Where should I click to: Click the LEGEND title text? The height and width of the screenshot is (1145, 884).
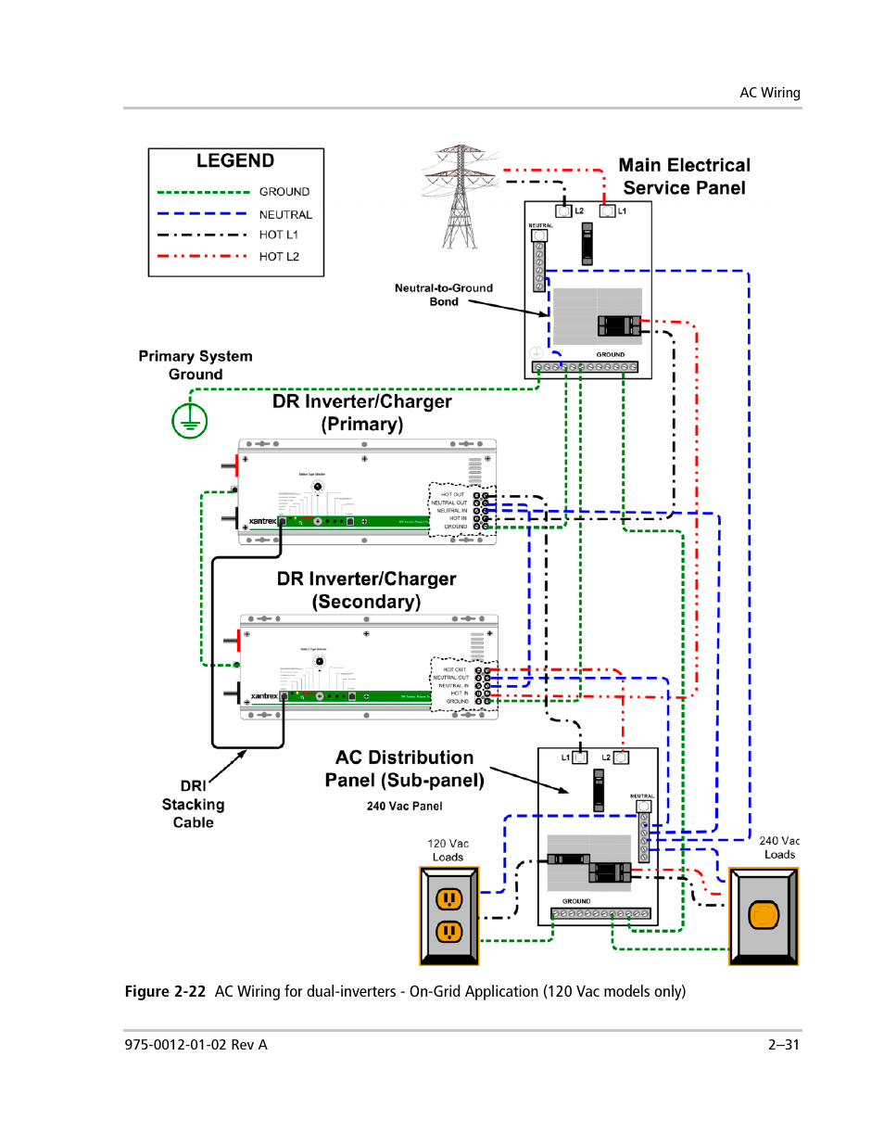(x=234, y=161)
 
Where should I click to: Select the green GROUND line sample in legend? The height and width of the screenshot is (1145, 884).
(x=203, y=192)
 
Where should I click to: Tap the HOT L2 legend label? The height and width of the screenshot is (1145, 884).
(x=279, y=257)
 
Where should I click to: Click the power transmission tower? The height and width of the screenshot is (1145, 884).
(x=460, y=197)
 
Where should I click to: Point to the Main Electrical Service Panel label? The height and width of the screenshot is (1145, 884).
(x=684, y=176)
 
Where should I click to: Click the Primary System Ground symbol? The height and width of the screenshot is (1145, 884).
(x=189, y=421)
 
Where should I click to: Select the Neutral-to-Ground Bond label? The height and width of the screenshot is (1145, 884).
(x=443, y=295)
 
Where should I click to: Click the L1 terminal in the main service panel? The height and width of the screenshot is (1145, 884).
(x=608, y=211)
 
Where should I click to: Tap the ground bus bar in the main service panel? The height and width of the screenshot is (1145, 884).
(x=585, y=367)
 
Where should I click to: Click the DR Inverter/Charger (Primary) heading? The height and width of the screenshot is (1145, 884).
(x=362, y=413)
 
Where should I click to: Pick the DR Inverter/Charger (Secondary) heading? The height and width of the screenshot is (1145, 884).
(x=366, y=590)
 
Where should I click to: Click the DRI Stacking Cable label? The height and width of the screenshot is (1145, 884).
(x=193, y=804)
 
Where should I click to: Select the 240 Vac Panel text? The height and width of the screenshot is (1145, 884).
(x=404, y=807)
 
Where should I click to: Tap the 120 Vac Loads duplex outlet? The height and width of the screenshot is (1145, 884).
(x=449, y=915)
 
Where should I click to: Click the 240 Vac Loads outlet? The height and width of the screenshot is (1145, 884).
(x=764, y=916)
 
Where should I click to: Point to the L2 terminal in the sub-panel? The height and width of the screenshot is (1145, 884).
(x=621, y=757)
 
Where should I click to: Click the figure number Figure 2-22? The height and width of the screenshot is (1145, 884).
(x=165, y=992)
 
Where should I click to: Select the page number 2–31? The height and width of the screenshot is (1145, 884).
(x=783, y=1045)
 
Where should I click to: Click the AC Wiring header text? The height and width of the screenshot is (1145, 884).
(x=769, y=93)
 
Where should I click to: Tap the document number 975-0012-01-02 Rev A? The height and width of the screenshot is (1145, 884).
(x=196, y=1045)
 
